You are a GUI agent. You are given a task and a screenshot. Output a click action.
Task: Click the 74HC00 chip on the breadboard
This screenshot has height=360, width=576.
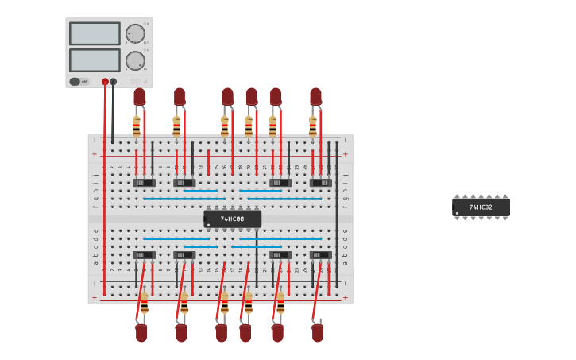pyautogui.click(x=232, y=219)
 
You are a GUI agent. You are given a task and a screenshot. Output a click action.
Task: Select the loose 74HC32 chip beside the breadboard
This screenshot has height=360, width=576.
pyautogui.click(x=481, y=207)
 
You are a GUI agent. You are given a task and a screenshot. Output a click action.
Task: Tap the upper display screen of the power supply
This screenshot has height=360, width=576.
pyautogui.click(x=95, y=33)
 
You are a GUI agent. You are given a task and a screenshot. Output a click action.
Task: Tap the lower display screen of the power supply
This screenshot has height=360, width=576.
pyautogui.click(x=95, y=60)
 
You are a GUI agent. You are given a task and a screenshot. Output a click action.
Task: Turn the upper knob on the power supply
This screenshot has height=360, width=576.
pyautogui.click(x=135, y=33)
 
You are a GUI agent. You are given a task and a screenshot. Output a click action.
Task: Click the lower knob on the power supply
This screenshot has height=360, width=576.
pyautogui.click(x=135, y=60)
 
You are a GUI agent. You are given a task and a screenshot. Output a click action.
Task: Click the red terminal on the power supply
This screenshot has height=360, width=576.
pyautogui.click(x=105, y=82)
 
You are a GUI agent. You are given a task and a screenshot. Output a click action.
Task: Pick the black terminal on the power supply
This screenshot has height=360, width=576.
pyautogui.click(x=114, y=82)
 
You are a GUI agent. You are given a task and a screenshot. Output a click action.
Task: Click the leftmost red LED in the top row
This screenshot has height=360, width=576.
pyautogui.click(x=139, y=96)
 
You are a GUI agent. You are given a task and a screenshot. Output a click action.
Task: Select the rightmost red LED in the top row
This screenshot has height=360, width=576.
pyautogui.click(x=315, y=96)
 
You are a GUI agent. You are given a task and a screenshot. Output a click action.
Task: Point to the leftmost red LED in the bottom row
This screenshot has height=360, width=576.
pyautogui.click(x=141, y=332)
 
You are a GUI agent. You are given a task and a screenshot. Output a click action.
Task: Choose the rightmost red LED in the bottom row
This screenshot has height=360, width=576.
pyautogui.click(x=318, y=332)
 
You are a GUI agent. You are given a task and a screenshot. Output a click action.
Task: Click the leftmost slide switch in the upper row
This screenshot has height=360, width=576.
pyautogui.click(x=144, y=183)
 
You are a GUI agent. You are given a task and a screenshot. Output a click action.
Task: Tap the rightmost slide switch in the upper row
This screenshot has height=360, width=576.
pyautogui.click(x=320, y=183)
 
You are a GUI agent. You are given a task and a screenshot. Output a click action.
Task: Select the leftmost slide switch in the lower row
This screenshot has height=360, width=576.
pyautogui.click(x=144, y=255)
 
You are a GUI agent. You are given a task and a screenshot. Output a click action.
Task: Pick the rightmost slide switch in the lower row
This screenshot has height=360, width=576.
pyautogui.click(x=320, y=255)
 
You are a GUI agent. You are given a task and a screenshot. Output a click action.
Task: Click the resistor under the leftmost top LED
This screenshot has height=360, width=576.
pyautogui.click(x=137, y=126)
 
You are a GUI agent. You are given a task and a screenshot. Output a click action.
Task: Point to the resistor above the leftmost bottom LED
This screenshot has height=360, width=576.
pyautogui.click(x=145, y=304)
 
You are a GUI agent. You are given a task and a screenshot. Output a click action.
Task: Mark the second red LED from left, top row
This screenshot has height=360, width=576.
pyautogui.click(x=180, y=96)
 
